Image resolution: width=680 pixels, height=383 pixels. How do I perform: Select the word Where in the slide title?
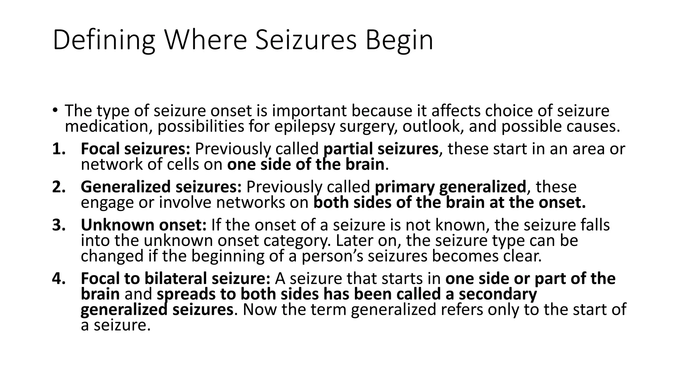tap(206, 41)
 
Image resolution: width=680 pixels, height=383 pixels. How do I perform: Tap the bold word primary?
tap(404, 187)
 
